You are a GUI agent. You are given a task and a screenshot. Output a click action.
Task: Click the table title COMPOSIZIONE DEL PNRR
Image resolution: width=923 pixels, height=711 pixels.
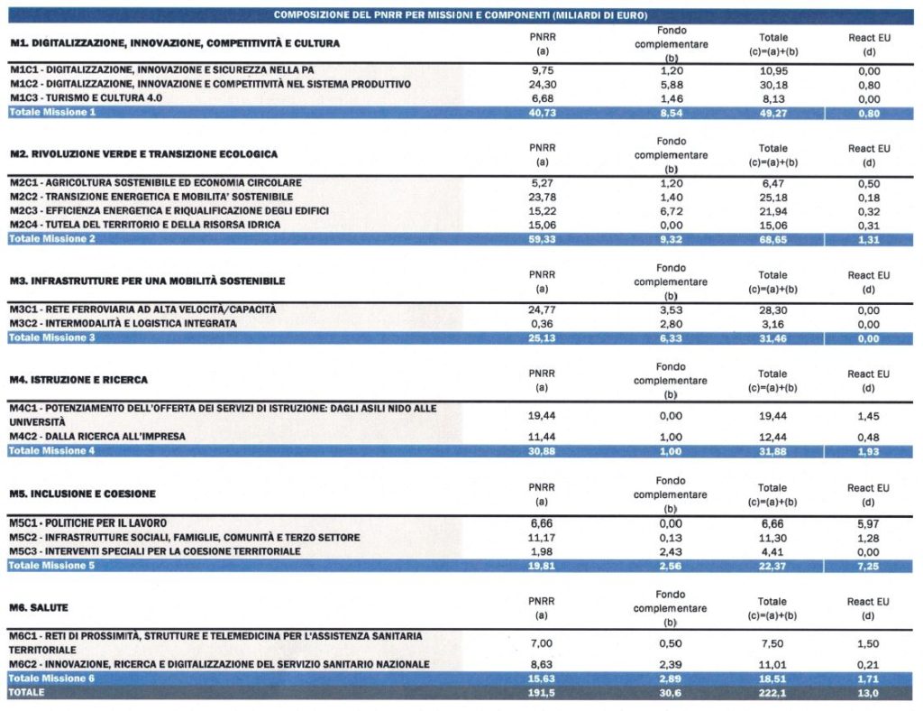coord(461,15)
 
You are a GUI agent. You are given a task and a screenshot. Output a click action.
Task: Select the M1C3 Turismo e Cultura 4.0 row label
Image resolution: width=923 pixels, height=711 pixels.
coord(86,97)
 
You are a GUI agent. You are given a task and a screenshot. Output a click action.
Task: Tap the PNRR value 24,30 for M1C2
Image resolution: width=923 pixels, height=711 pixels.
coord(542,85)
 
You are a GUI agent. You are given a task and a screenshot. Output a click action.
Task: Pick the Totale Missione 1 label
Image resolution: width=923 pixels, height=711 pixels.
coord(52,112)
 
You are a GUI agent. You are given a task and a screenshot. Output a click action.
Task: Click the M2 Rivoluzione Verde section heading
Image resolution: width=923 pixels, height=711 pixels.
coord(143,154)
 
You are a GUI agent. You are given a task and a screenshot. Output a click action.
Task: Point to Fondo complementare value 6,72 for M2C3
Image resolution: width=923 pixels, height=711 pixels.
coord(671,211)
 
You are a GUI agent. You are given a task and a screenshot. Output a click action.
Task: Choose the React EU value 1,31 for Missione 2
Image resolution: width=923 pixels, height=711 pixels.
coord(868,240)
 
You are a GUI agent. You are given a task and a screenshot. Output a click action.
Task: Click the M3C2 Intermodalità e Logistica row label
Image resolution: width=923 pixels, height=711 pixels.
coord(123,323)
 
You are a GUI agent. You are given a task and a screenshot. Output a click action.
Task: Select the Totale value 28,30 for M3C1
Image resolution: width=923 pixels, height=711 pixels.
coord(772,310)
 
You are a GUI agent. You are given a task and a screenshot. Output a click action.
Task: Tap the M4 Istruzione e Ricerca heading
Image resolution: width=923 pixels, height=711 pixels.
coord(78,380)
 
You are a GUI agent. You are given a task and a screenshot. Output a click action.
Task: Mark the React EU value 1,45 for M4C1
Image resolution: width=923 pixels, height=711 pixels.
coord(868,417)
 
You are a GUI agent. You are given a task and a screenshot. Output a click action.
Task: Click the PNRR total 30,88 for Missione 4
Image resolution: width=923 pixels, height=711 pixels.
coord(542,451)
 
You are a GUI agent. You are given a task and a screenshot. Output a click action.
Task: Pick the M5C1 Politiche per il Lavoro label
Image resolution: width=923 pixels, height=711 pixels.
coord(87,523)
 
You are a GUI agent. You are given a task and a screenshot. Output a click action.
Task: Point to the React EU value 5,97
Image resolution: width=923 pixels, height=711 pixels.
coord(868,523)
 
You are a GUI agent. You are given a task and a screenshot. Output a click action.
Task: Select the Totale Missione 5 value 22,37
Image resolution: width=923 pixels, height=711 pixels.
coord(772,566)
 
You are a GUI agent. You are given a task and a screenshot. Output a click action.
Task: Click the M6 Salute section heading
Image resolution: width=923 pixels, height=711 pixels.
coord(38,608)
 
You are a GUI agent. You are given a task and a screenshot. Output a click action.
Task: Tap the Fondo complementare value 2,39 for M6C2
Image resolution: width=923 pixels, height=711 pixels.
coord(671,664)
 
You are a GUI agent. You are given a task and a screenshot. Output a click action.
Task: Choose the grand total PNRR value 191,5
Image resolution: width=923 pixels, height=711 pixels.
coord(541,693)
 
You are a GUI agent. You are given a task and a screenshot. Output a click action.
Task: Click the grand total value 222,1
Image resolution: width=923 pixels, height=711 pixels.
coord(772,693)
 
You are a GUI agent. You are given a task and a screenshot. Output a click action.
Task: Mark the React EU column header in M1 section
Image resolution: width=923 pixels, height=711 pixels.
coord(869,45)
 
